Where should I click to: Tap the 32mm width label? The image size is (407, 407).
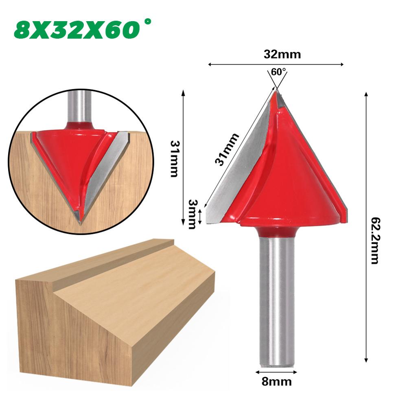[x=276, y=55]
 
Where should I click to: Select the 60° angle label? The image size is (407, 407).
[x=278, y=72]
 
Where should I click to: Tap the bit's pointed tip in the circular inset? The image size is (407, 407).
[x=80, y=222]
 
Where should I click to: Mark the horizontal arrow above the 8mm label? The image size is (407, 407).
[x=277, y=372]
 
